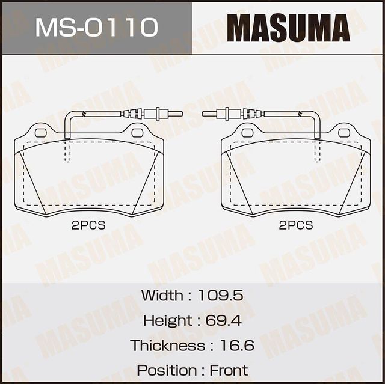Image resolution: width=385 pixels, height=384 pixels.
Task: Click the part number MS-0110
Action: [x=96, y=28]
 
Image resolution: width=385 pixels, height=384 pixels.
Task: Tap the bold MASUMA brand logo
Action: [x=289, y=28]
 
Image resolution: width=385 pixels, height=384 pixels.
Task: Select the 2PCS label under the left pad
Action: [x=88, y=225]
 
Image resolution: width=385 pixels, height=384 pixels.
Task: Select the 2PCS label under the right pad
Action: [x=296, y=225]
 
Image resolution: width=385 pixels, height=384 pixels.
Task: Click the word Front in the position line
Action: [x=228, y=370]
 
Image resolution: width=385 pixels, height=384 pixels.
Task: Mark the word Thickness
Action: [x=167, y=346]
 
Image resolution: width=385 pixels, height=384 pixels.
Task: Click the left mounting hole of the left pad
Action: [x=41, y=132]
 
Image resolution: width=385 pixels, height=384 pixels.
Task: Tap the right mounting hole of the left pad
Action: [x=137, y=132]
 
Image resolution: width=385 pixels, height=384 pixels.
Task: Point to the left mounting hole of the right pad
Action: [x=248, y=132]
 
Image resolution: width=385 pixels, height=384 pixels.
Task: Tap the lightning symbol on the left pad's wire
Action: [x=84, y=114]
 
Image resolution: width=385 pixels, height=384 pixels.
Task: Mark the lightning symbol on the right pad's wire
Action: [x=301, y=114]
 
